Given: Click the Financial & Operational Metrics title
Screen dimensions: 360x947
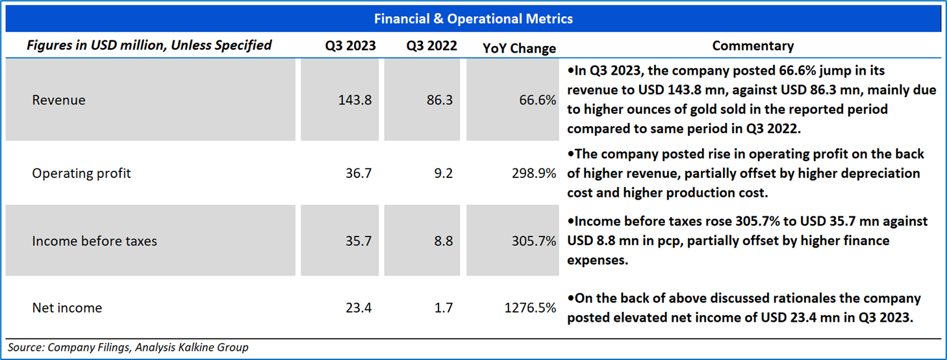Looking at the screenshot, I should pos(473,19).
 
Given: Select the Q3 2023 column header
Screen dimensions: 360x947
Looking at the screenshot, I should pos(350,45).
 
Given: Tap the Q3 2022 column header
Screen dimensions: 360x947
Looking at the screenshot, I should pos(431,45).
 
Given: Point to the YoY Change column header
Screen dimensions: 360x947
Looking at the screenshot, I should pos(520,48).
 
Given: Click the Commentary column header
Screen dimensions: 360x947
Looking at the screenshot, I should pos(753,45).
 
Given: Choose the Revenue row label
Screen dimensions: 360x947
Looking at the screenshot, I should pos(58,100).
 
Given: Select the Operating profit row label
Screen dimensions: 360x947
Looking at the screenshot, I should pos(81,174).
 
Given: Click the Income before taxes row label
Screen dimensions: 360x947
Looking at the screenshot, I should pos(94,241).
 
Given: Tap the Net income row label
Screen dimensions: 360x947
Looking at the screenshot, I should pos(67,308).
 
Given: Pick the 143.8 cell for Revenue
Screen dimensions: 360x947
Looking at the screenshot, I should pos(355,100).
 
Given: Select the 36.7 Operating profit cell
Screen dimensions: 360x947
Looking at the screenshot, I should pos(359,174).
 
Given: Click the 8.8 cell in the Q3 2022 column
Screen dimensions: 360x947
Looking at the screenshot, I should pos(444,241).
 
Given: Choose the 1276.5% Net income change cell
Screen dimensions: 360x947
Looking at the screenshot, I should pos(530,308).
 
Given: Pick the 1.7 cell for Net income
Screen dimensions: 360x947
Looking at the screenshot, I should pos(444,308).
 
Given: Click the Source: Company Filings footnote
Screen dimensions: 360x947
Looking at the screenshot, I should pos(128,348).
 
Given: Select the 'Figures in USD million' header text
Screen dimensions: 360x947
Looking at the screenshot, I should pos(149,45).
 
